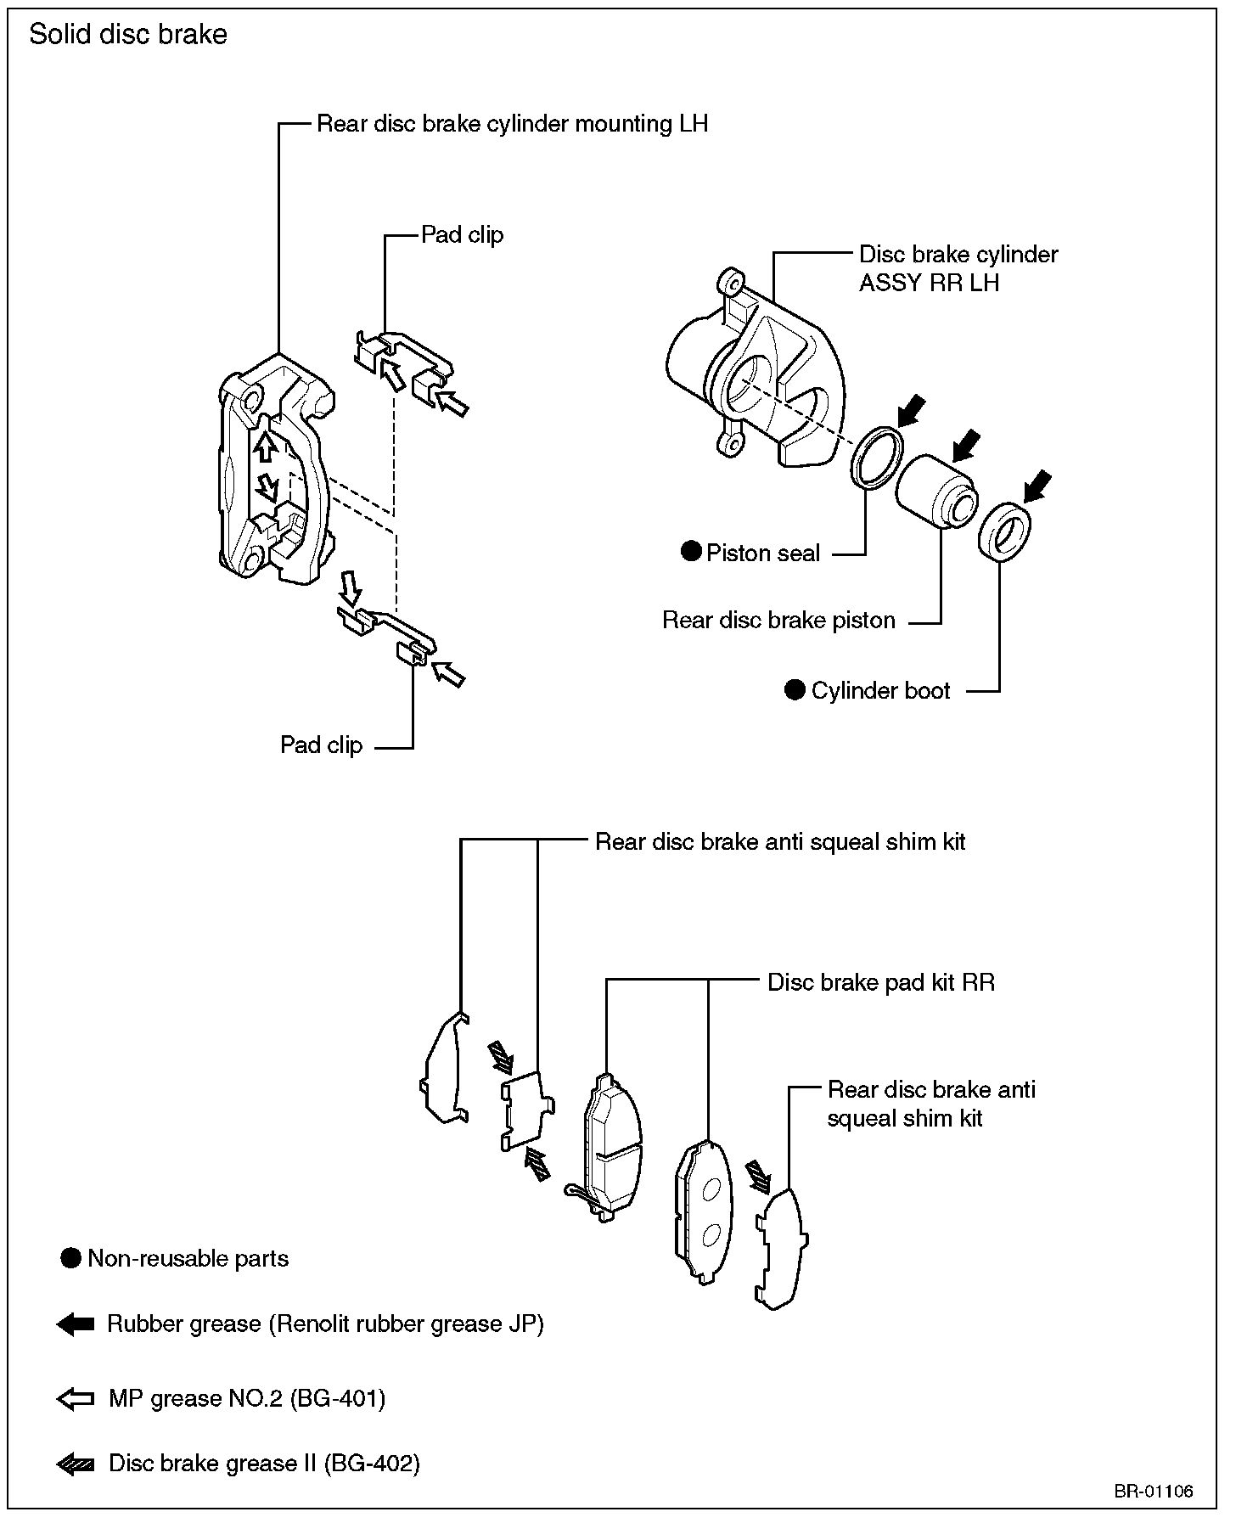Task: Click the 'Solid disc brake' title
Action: (x=128, y=35)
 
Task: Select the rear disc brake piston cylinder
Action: (x=936, y=492)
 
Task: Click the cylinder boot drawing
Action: (x=1004, y=531)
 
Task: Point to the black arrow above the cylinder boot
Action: (x=1037, y=486)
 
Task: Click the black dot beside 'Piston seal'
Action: (x=692, y=552)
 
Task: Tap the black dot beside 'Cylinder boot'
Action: (x=795, y=690)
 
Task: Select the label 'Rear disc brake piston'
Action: (x=778, y=621)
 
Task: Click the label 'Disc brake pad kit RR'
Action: (x=880, y=982)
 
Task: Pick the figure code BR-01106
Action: (x=1154, y=1491)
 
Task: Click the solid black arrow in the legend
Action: (x=75, y=1324)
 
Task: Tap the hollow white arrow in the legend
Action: (x=75, y=1399)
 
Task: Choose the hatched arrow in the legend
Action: (x=75, y=1464)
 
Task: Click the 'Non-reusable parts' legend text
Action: (x=188, y=1258)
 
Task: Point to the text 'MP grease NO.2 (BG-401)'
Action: (x=247, y=1399)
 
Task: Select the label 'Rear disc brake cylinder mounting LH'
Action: (x=512, y=124)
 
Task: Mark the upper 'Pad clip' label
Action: (x=462, y=234)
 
